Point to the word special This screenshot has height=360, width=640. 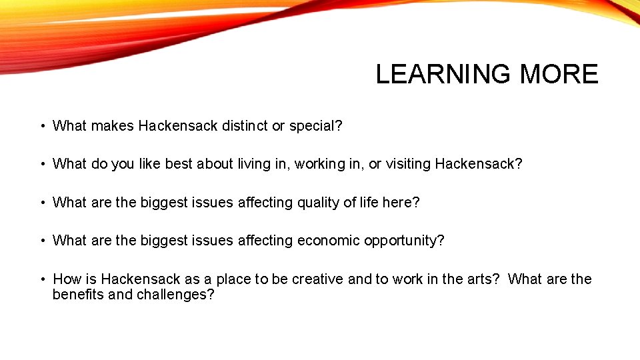315,125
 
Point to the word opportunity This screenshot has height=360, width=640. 404,241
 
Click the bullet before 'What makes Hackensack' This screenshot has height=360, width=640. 42,125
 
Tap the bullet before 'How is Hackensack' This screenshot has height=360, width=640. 42,279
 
